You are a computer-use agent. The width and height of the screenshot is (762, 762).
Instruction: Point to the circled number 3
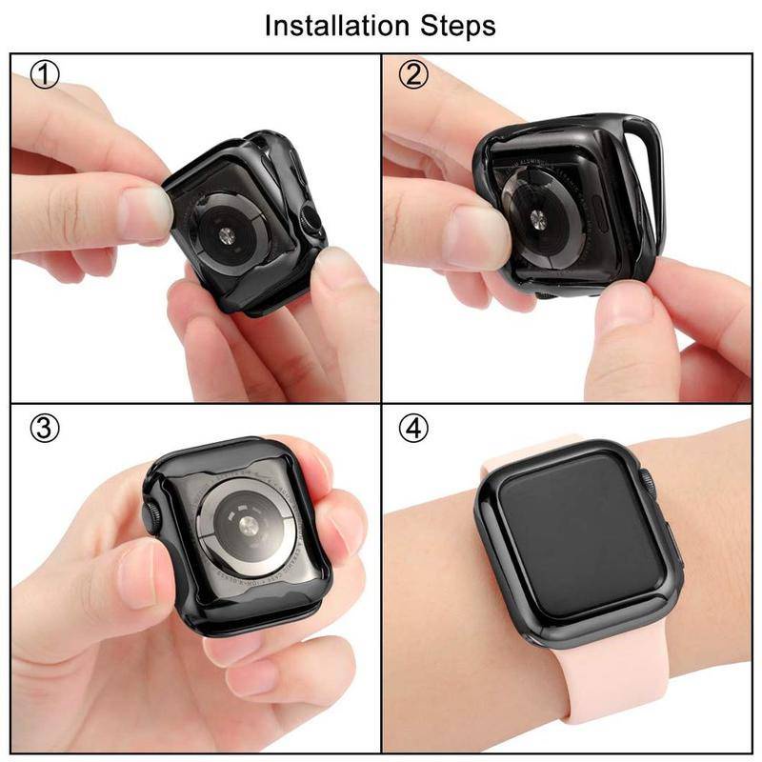45,429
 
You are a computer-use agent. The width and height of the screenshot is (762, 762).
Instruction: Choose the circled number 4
412,429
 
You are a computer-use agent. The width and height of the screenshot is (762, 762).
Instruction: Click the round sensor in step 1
231,234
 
